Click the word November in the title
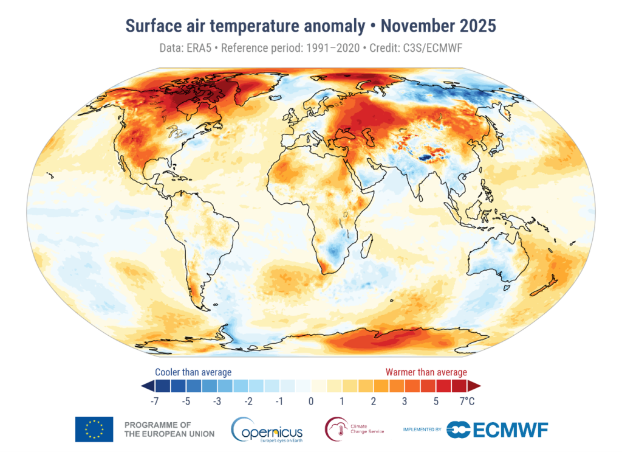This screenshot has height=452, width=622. point(424,26)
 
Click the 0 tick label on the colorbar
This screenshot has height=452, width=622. point(311,401)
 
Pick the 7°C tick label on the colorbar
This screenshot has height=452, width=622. point(467,401)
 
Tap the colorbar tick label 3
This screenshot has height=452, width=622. point(405,401)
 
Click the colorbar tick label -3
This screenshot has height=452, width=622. point(217,401)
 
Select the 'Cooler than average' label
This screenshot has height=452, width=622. point(193,372)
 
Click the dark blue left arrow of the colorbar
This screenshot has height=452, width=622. point(146,386)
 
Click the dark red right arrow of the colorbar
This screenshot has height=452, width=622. point(475,386)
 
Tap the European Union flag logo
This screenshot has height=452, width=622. point(94,429)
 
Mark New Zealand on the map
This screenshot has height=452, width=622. point(550,284)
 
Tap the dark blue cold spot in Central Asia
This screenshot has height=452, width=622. point(429,158)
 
